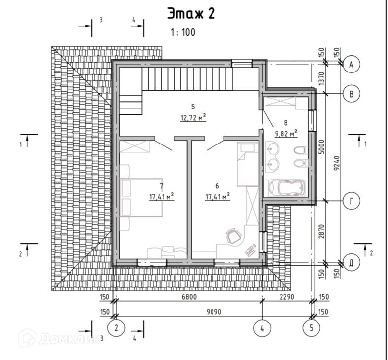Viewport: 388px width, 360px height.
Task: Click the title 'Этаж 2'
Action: point(191,14)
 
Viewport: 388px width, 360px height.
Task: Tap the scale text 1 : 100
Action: point(183,32)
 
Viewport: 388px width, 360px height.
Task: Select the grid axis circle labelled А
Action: point(352,65)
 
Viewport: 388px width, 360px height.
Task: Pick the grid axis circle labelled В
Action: point(352,94)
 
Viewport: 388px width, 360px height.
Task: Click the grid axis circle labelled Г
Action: point(352,201)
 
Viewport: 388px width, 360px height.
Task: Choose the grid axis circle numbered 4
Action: point(262,328)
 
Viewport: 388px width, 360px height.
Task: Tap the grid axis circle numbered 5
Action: point(312,328)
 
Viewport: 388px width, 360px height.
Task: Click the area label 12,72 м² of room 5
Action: point(193,117)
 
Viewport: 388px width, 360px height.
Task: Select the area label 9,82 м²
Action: point(286,134)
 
